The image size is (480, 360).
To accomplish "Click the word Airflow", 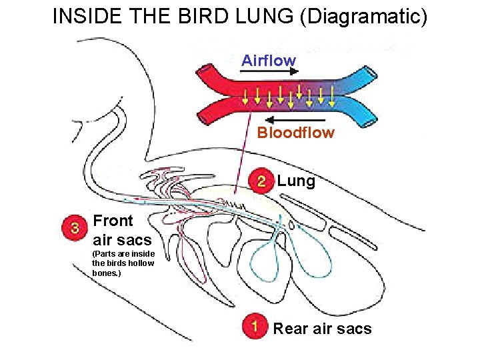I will [x=269, y=61].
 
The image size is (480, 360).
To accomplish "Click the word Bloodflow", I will [x=295, y=133].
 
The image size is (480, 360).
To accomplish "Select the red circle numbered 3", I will [x=75, y=228].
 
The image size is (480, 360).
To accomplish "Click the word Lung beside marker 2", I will [x=296, y=181].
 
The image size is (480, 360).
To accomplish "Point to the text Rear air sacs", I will [x=322, y=328].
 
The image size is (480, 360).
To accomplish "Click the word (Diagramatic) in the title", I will [x=363, y=16].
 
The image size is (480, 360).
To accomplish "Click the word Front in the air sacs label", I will [x=113, y=221].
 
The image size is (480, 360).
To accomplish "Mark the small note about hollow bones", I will [x=123, y=263].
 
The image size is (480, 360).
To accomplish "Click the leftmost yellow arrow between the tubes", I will [x=245, y=97].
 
